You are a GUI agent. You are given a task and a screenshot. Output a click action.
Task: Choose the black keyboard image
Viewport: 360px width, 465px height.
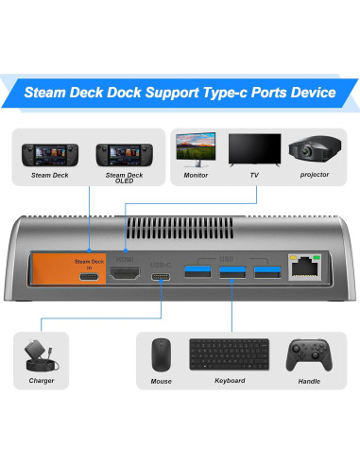click(223, 355)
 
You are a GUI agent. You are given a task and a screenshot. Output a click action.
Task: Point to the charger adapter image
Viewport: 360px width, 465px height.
click(42, 357)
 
